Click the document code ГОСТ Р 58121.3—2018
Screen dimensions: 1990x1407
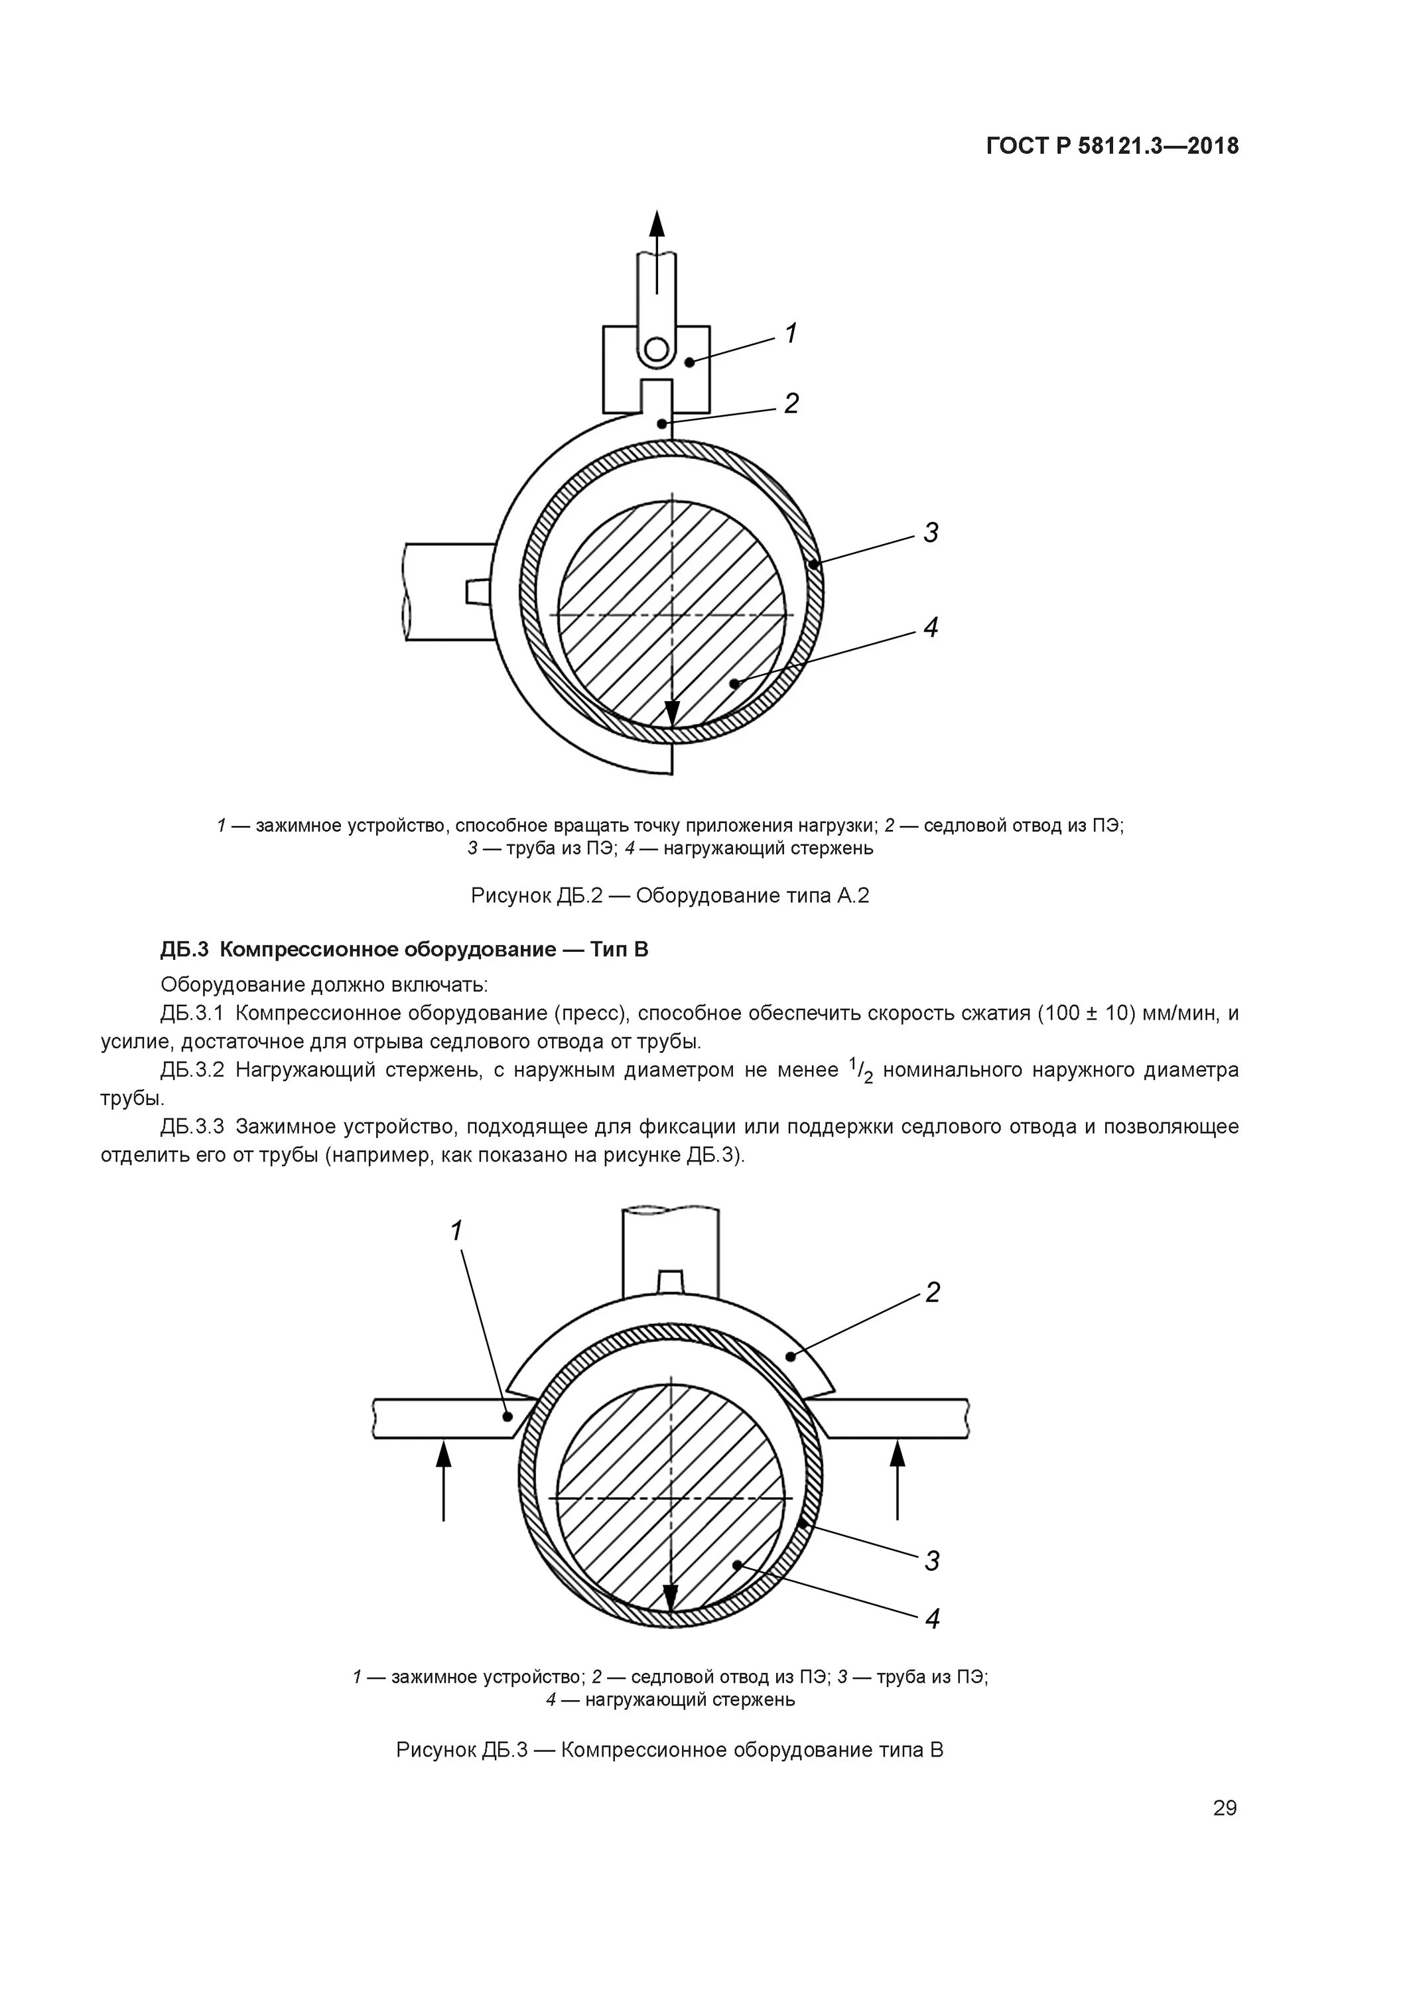coord(1112,146)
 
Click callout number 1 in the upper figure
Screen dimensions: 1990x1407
coord(791,333)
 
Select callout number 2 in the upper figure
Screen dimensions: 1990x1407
coord(791,403)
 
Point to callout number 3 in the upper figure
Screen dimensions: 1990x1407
coord(930,532)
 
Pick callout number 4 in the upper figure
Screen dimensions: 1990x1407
coord(930,627)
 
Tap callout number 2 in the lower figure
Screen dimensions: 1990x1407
coord(932,1293)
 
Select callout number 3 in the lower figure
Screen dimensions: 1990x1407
coord(932,1560)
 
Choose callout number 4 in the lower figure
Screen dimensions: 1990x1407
coord(932,1618)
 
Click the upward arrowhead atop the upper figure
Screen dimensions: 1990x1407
coord(657,224)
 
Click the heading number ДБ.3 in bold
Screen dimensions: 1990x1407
coord(184,950)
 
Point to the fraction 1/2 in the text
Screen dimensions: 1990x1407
coord(861,1071)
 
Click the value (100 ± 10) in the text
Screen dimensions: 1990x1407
coord(1086,1013)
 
